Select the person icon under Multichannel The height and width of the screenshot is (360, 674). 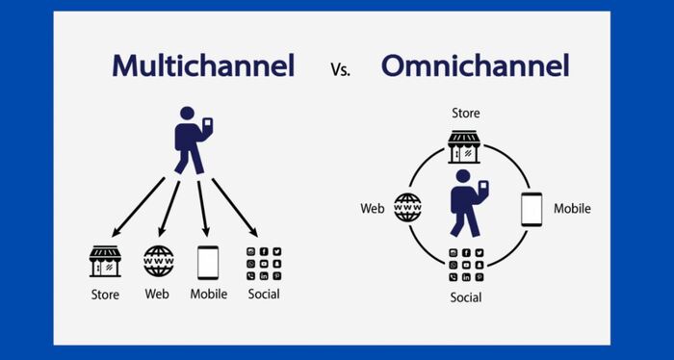click(193, 142)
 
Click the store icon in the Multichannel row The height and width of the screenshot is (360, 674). click(105, 262)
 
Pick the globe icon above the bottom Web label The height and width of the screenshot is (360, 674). click(158, 262)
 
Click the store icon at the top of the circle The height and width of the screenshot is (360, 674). click(464, 147)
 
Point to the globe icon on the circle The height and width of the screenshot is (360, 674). click(407, 208)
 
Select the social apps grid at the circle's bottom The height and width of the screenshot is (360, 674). click(465, 264)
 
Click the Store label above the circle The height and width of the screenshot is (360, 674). click(465, 114)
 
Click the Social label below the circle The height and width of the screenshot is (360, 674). click(465, 297)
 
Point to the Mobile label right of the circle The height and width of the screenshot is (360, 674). click(572, 208)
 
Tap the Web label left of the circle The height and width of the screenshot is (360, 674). click(373, 208)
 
